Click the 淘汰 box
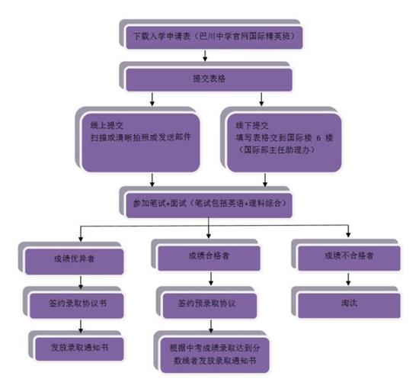pos(347,303)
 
